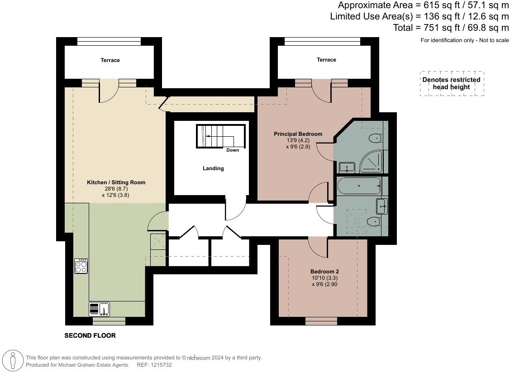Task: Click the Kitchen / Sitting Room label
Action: coord(116,182)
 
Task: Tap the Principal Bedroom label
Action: coord(298,134)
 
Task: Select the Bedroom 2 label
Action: coord(324,272)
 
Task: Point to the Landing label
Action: coord(213,168)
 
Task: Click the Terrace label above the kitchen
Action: coord(110,60)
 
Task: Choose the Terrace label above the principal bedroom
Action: coord(326,60)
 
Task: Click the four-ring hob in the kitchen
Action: coord(81,266)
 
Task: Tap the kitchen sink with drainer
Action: coord(99,309)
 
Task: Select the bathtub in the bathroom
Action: coord(359,186)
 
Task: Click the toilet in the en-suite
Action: coord(375,139)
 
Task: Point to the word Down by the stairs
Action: coord(233,150)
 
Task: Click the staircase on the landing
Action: coord(220,136)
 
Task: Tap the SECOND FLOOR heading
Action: coord(90,335)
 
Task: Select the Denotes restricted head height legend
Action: coord(452,83)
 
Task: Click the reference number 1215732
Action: coord(160,365)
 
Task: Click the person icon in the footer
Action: coord(13,361)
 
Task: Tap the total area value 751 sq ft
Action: coord(438,28)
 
